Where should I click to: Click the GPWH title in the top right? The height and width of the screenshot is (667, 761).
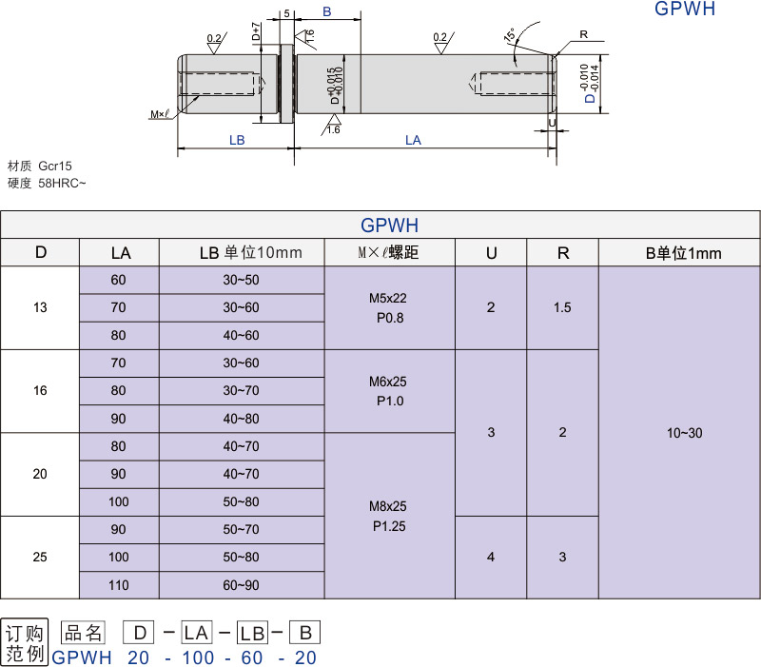click(684, 10)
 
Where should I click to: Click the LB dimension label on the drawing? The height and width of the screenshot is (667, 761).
click(237, 140)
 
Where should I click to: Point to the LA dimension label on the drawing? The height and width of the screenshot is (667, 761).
click(413, 140)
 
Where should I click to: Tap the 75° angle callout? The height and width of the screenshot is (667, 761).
click(510, 35)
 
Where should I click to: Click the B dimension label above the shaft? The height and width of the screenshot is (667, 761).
click(326, 11)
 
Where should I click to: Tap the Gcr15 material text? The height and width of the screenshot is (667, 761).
click(55, 165)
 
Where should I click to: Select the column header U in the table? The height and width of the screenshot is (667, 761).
click(491, 253)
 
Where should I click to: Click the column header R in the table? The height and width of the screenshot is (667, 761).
click(563, 253)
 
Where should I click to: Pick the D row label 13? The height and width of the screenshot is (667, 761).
click(40, 307)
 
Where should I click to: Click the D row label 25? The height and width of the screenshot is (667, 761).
click(40, 557)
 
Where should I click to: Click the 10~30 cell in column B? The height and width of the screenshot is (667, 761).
click(684, 432)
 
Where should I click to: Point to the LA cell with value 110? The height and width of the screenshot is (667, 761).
click(119, 585)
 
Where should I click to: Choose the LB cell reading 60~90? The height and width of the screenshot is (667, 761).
click(241, 585)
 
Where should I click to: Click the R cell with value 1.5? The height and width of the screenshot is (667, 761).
click(563, 307)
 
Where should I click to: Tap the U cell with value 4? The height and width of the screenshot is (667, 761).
click(491, 557)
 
